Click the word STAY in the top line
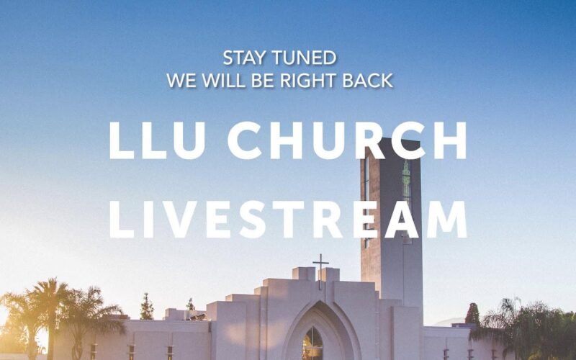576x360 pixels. point(244,58)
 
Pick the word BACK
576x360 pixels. point(368,81)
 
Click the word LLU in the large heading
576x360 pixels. point(157,140)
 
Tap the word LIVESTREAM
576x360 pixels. point(288,220)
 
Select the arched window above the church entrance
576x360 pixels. point(312,345)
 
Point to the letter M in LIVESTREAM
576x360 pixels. point(446,220)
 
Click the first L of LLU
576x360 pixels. point(122,140)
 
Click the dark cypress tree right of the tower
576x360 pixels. point(473,314)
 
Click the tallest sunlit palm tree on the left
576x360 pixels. point(50,312)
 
